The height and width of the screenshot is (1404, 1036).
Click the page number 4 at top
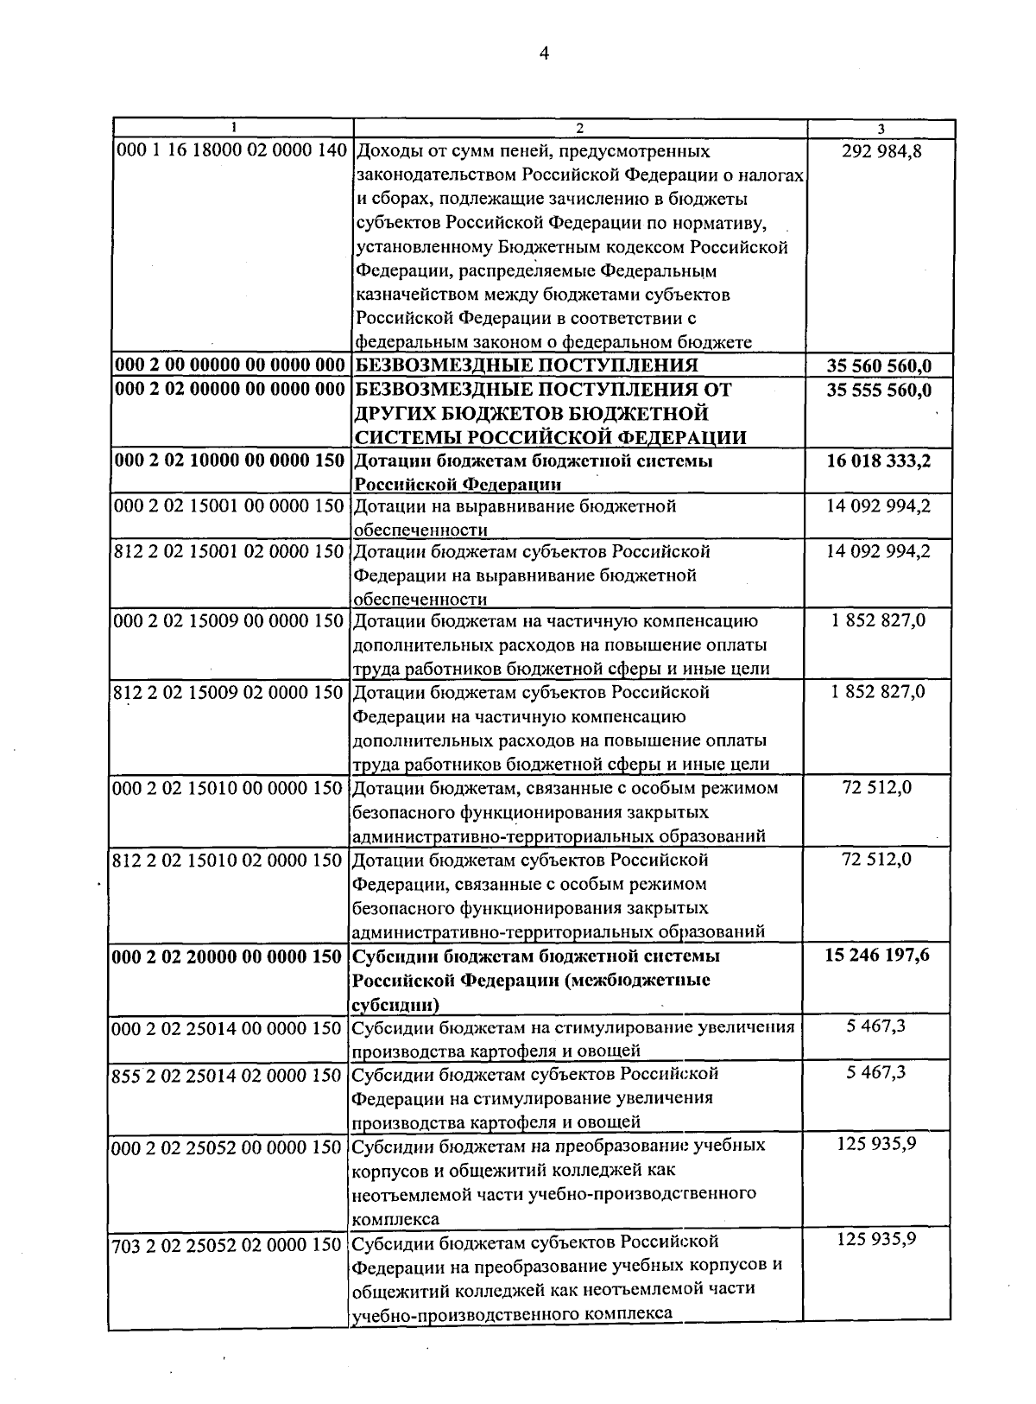coord(543,54)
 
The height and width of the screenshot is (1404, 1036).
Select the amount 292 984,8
coord(880,152)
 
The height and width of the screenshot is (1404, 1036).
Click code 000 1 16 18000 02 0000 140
coord(230,152)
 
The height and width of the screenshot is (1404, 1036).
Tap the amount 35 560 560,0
coord(879,365)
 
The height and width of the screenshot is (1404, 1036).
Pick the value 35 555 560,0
coord(879,390)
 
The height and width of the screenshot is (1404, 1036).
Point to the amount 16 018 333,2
coord(879,461)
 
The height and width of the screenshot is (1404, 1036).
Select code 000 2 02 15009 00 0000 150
coord(230,620)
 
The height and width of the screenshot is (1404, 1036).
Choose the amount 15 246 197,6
coord(877,956)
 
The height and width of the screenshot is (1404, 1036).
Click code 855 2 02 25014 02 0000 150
coord(228,1076)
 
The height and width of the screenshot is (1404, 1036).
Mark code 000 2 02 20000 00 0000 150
coord(228,957)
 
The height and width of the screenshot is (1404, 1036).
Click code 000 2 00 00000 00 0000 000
coord(230,365)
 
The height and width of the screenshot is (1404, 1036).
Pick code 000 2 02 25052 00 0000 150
coord(228,1147)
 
